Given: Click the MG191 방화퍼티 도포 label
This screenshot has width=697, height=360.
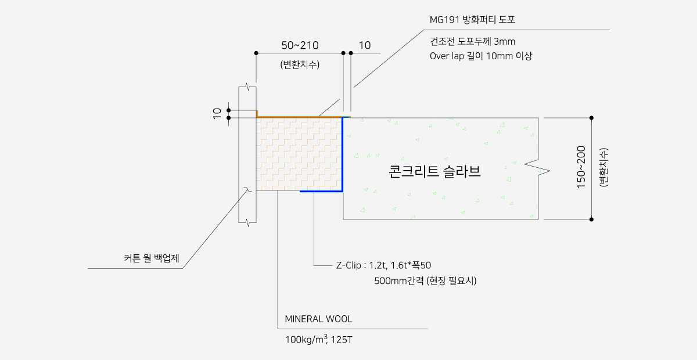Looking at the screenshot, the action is (x=472, y=20).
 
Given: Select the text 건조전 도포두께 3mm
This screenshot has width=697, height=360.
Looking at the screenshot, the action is (x=472, y=42).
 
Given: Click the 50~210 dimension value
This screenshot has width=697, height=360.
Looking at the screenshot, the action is (x=300, y=45).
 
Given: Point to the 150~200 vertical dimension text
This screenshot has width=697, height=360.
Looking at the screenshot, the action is (x=581, y=169).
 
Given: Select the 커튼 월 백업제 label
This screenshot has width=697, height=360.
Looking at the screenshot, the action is (x=152, y=258).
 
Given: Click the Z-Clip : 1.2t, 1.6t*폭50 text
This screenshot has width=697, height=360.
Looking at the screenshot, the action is (x=383, y=266).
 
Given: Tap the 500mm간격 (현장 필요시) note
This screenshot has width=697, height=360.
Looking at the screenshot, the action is (x=425, y=281).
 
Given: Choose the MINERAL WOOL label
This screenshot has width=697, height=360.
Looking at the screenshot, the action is (x=318, y=319).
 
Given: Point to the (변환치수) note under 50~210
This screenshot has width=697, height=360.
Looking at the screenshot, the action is (x=300, y=64).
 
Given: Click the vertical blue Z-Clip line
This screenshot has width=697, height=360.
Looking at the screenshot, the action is (x=343, y=154).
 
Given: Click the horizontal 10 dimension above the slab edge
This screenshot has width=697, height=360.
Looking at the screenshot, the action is (x=365, y=45).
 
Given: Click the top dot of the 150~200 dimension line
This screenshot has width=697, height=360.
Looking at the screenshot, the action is (x=591, y=118).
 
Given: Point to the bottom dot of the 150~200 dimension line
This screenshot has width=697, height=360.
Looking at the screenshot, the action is (x=591, y=219).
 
